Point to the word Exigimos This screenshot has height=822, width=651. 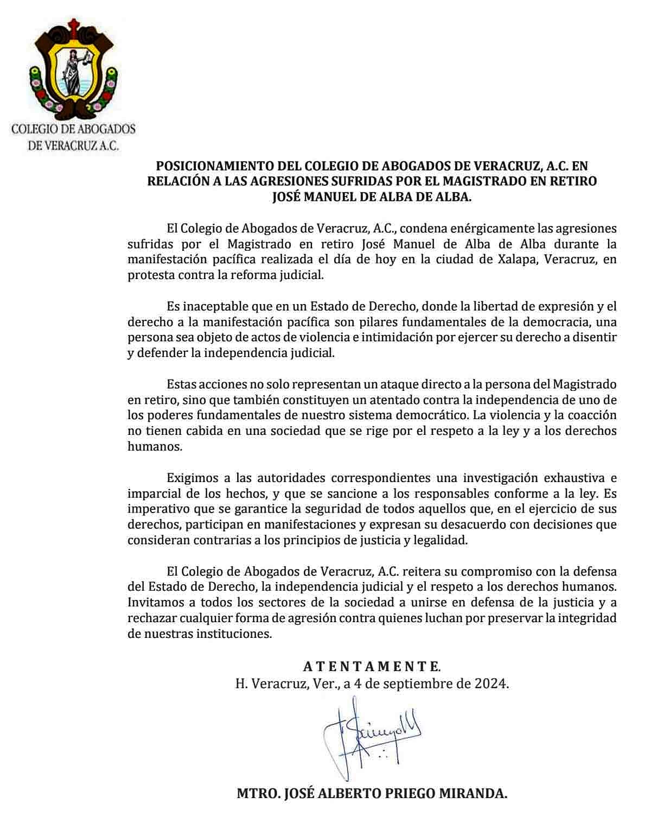[192, 478]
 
